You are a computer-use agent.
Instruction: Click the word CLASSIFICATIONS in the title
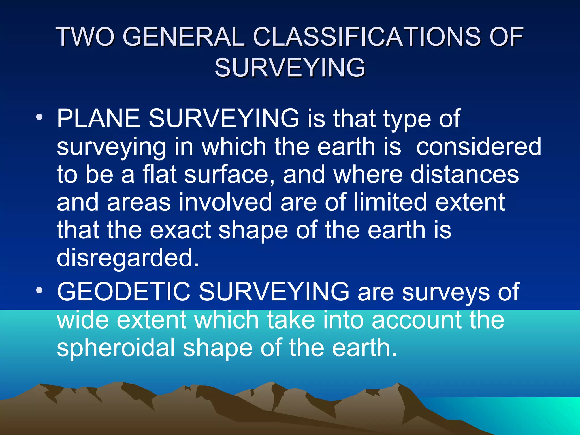(366, 37)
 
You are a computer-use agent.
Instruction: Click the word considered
(479, 147)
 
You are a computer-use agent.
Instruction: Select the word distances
(464, 174)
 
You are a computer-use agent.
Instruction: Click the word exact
(180, 230)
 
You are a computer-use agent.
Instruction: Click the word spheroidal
(116, 348)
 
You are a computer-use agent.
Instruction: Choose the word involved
(225, 202)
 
